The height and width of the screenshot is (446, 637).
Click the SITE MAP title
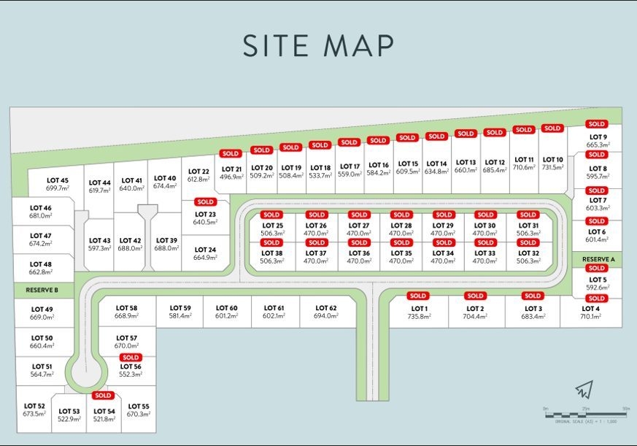tap(318, 45)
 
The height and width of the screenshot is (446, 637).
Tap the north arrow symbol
tap(584, 389)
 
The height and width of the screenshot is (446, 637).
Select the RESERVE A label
tap(598, 259)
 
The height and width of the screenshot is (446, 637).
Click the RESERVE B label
tap(42, 291)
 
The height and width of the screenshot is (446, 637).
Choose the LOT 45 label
tap(58, 180)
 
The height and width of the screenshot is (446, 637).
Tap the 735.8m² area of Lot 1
tap(419, 317)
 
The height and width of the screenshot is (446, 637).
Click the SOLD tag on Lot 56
tap(131, 358)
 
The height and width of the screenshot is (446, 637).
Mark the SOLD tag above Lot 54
tap(103, 395)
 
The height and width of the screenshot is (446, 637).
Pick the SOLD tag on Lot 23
tap(205, 201)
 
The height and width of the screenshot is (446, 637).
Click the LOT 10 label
tap(553, 159)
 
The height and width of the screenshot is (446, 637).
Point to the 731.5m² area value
tap(553, 168)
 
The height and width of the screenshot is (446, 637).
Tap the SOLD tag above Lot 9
tap(597, 124)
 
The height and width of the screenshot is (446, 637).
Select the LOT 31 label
tap(528, 226)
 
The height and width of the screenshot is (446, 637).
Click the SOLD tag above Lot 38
tap(271, 242)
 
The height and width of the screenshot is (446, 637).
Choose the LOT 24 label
tap(205, 249)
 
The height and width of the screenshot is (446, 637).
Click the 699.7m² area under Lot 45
tap(58, 188)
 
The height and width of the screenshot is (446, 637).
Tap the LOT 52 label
tap(34, 406)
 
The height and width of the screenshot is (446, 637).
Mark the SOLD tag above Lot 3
tap(533, 296)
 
